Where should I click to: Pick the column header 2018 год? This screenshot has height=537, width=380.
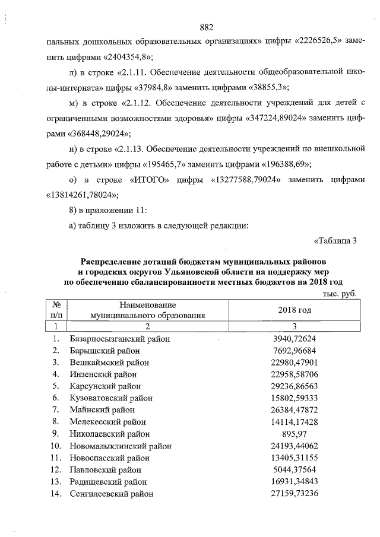(294, 310)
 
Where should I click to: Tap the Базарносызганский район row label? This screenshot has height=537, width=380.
(120, 339)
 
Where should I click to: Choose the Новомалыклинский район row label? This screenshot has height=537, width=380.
(121, 445)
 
